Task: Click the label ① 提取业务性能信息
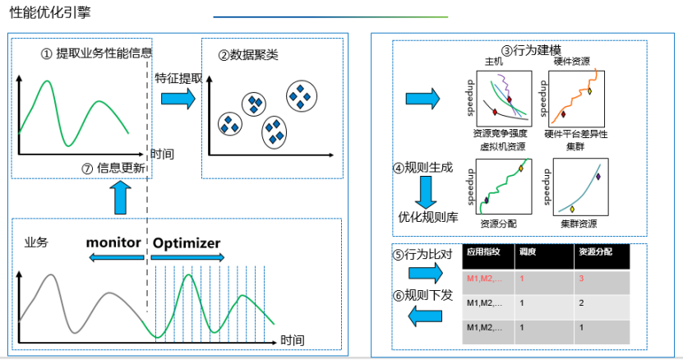97,53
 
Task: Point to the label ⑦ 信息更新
114,168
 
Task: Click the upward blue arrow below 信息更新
120,197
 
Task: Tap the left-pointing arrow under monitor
115,258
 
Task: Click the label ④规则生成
422,168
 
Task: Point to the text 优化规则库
427,218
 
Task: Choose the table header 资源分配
595,252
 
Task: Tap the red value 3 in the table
581,279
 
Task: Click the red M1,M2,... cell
485,279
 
